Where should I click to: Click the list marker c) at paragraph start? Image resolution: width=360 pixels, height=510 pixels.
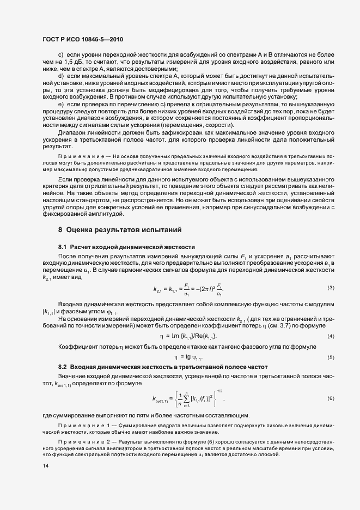[x=61, y=56]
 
